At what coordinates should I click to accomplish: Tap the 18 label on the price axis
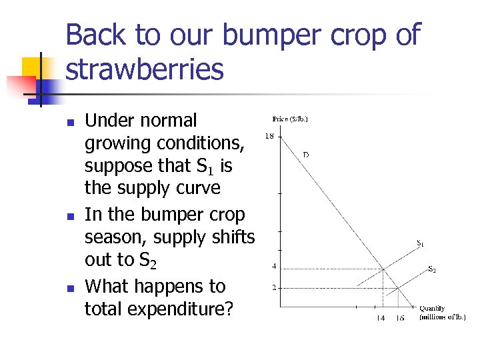[271, 136]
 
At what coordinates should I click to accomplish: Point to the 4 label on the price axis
[273, 267]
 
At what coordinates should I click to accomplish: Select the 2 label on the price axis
[273, 288]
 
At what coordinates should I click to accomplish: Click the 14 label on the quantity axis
[381, 318]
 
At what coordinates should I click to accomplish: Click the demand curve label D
[306, 155]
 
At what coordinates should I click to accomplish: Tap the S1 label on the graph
[420, 244]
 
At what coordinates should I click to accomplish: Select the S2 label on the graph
[432, 269]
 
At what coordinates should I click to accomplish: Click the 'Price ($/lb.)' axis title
[290, 119]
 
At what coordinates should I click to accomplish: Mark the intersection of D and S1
[383, 269]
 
